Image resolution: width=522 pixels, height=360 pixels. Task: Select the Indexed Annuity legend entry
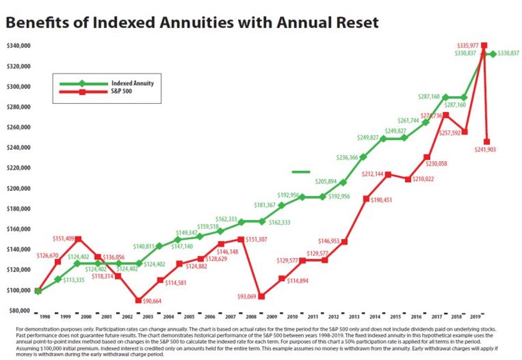coord(133,83)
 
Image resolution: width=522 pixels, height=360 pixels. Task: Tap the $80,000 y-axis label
coord(19,310)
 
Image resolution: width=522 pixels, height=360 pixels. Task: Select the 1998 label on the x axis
coord(44,317)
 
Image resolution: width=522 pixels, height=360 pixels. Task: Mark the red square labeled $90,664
coord(138,300)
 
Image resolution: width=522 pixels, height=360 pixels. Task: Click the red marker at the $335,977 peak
coord(483,46)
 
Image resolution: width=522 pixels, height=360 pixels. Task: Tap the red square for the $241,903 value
coord(486,142)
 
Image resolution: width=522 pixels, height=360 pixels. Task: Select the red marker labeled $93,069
coord(262,296)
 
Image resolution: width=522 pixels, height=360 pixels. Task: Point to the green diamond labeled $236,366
coord(363,157)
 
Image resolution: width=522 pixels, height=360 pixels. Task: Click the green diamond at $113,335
coord(58,279)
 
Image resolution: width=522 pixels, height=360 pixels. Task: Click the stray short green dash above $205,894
coord(301,172)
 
